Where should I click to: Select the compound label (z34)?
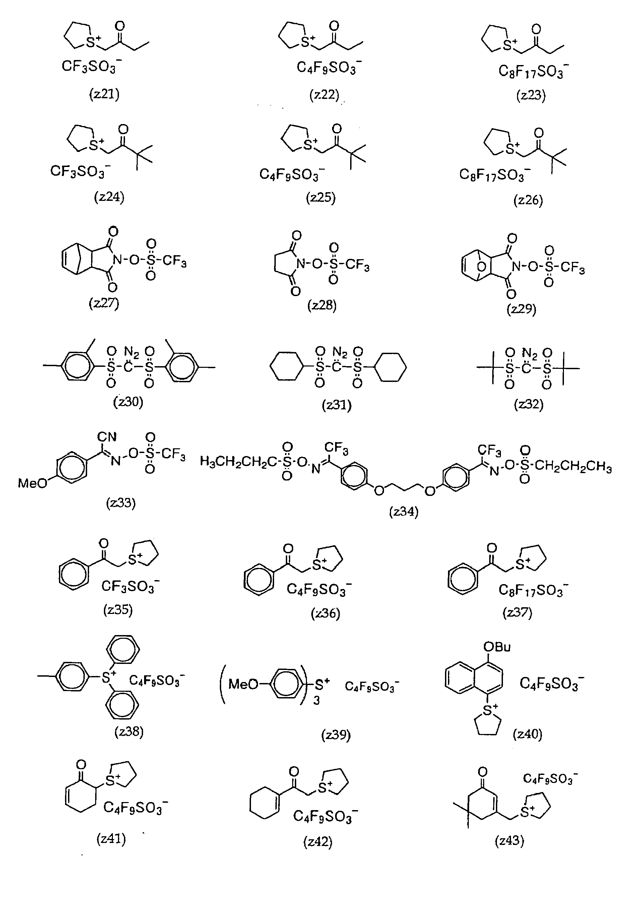(x=403, y=512)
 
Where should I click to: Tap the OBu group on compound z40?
(x=497, y=647)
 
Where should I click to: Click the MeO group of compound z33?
(x=33, y=483)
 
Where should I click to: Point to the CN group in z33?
(x=107, y=437)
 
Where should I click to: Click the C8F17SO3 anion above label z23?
(x=533, y=71)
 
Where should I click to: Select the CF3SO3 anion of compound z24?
(x=80, y=171)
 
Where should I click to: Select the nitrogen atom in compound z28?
(x=301, y=264)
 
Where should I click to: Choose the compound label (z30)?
(x=128, y=402)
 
